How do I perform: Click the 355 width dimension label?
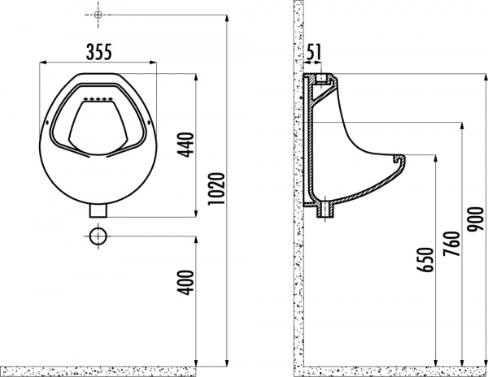(98, 51)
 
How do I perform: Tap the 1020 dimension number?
(213, 188)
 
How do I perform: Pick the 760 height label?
(446, 243)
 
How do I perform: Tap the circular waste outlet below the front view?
(98, 237)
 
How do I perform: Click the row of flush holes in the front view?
(98, 99)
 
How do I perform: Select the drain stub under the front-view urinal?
(98, 210)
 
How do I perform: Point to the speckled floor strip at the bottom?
(390, 370)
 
